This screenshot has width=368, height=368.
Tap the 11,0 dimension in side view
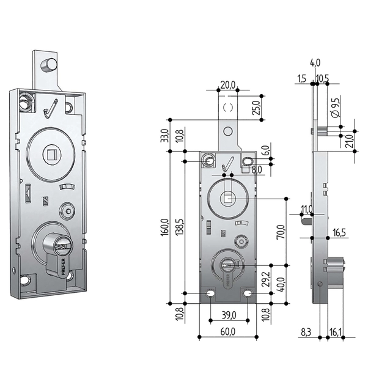(x=307, y=210)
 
